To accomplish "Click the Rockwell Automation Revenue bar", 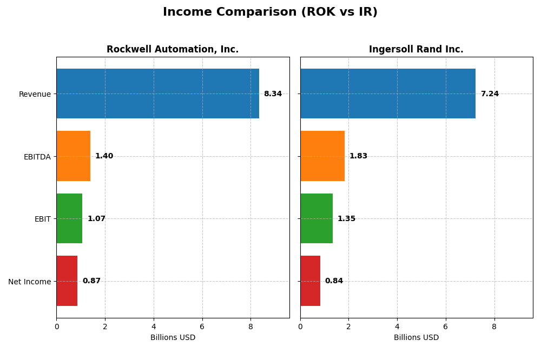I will (157, 94).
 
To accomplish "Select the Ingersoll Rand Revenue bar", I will (388, 94).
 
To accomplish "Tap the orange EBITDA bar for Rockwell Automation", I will (74, 156).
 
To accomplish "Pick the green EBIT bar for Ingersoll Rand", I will (316, 218).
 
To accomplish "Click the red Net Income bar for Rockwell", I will (67, 281).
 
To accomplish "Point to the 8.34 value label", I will (273, 94).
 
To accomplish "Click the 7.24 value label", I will (490, 94).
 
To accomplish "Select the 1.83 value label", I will (358, 156).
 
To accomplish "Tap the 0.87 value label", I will (91, 281).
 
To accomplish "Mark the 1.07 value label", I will (96, 219).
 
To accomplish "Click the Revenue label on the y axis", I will (35, 94).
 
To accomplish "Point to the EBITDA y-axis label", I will (37, 157).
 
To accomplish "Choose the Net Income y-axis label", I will (29, 282).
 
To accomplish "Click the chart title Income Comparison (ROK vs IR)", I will (270, 12).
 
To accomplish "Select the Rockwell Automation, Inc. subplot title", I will (173, 50).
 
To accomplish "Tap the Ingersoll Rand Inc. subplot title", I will (416, 50).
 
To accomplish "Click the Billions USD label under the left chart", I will (173, 338).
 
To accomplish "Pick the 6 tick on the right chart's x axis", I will (446, 326).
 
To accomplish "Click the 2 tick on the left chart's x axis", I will (105, 326).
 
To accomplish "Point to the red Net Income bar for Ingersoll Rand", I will (311, 281).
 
